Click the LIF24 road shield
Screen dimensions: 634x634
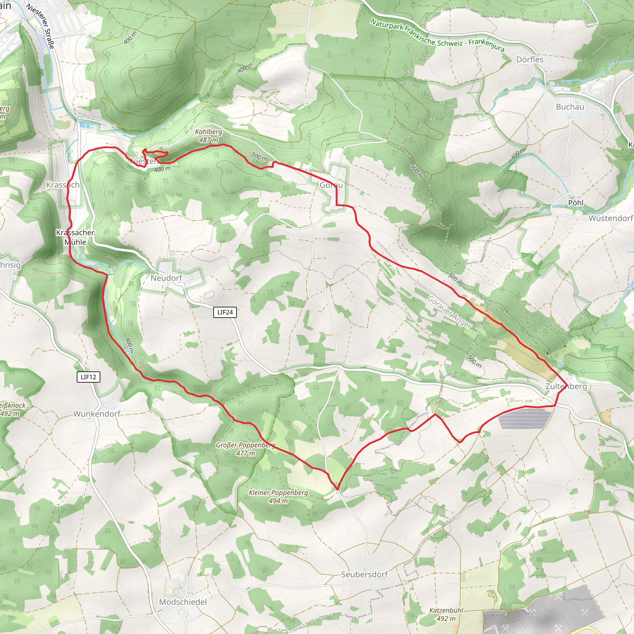225,312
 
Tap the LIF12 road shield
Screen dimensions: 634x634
88,377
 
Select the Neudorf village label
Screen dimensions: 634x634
166,278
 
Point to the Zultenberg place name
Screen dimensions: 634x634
566,386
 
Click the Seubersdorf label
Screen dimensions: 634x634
364,574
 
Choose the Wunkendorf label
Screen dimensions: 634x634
97,414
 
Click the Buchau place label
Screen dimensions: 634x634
570,107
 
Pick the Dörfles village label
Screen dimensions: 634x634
530,59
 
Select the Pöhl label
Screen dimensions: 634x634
575,202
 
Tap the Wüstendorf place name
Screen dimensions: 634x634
610,218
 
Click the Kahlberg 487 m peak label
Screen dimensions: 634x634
208,136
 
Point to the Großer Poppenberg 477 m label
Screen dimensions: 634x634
245,449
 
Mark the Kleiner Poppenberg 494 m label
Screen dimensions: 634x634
278,497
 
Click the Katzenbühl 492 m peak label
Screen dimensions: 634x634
446,614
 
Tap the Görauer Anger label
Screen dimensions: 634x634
449,312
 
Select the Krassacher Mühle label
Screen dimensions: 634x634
75,237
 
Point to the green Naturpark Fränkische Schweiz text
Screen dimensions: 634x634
437,35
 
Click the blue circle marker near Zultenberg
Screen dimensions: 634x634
561,364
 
